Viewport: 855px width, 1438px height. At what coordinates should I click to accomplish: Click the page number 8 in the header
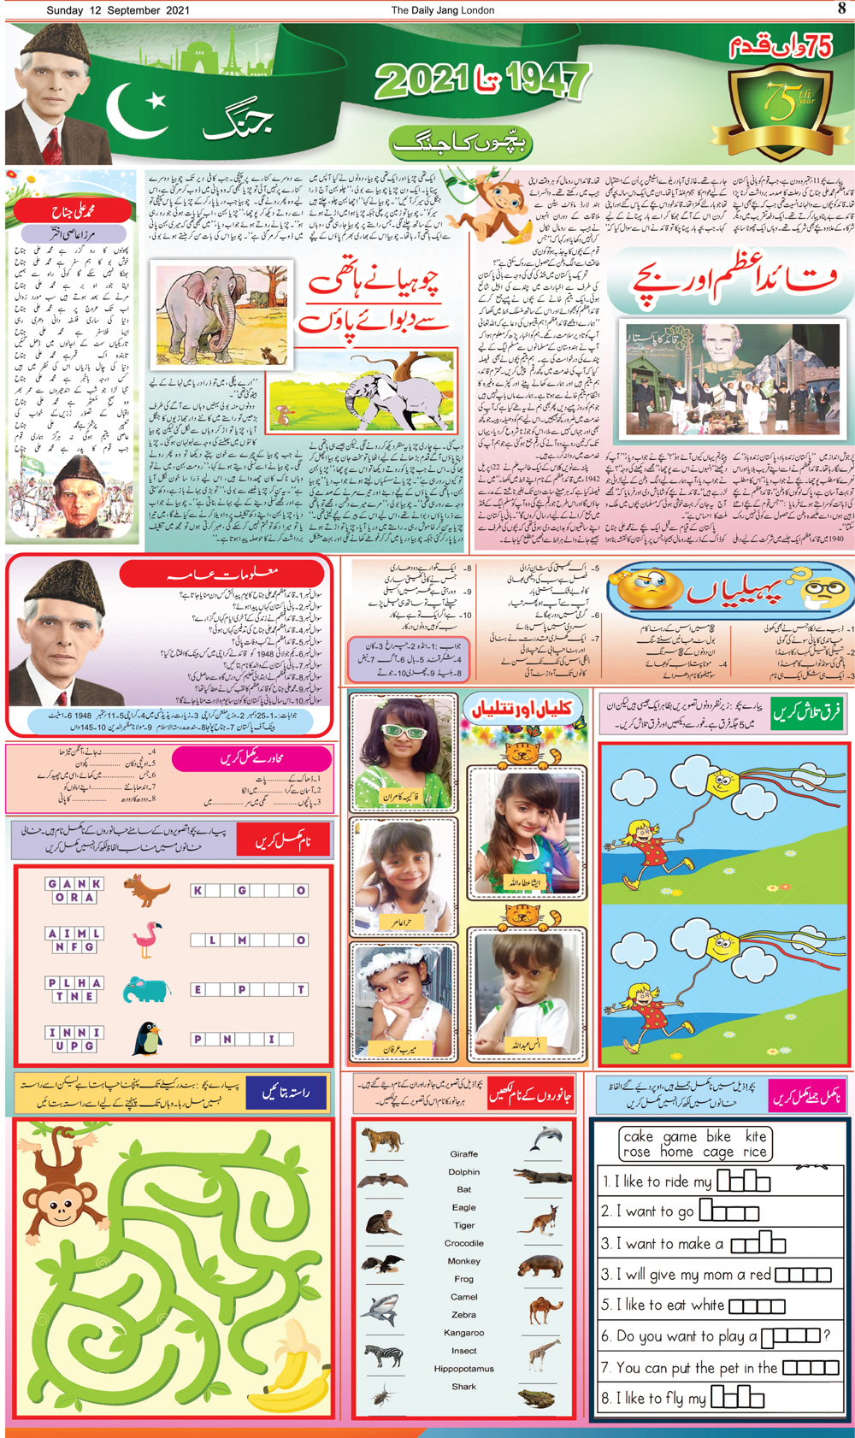(x=841, y=9)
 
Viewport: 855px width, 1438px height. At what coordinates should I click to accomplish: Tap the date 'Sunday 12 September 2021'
(x=118, y=10)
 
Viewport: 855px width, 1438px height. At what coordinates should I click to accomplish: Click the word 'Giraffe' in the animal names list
(x=463, y=1154)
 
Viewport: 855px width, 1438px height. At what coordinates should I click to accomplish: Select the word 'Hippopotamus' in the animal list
(x=463, y=1369)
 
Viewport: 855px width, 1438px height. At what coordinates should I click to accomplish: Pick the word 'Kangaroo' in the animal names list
(x=463, y=1333)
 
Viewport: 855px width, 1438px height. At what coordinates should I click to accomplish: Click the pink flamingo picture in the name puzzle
(x=148, y=940)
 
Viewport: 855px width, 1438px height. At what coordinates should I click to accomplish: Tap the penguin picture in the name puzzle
(x=147, y=1039)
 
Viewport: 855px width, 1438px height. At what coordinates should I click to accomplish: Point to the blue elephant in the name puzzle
(x=146, y=989)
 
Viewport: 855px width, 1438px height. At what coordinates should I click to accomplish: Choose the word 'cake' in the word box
(x=638, y=1136)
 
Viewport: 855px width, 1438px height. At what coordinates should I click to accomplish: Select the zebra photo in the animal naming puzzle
(x=382, y=1356)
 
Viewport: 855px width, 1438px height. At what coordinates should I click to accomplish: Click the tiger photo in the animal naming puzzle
(x=381, y=1140)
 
